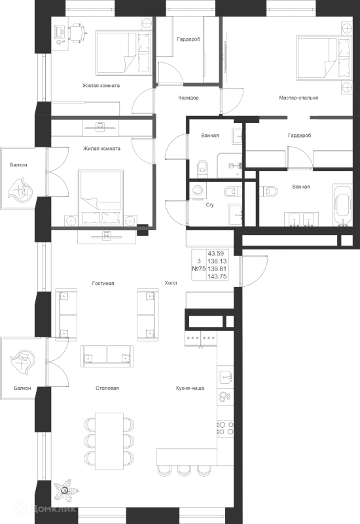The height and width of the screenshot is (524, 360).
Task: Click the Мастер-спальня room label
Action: [x=298, y=98]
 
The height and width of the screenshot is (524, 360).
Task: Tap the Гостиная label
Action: [x=103, y=284]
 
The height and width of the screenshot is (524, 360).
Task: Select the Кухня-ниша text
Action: [x=190, y=388]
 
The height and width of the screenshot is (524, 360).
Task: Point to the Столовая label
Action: [x=107, y=388]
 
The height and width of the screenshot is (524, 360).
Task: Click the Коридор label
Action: [x=189, y=98]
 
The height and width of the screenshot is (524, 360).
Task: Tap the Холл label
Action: [x=171, y=283]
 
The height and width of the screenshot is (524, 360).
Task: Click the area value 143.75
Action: [x=217, y=276]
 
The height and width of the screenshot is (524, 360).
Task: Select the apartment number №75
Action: [x=199, y=269]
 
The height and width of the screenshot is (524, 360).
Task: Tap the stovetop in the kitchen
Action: [x=225, y=428]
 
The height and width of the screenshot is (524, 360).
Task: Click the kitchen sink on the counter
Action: [x=226, y=377]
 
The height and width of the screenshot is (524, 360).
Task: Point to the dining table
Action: [x=109, y=441]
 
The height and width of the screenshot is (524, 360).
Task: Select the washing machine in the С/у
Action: [x=198, y=191]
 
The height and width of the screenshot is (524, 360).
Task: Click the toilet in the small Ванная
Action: [x=202, y=169]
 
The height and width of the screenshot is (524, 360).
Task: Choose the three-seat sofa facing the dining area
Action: [x=107, y=356]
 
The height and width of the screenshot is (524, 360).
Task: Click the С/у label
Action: [x=209, y=205]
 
